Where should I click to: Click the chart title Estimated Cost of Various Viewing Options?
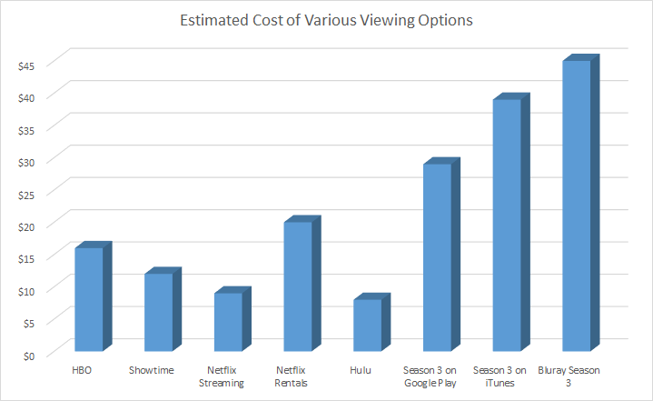pos(326,21)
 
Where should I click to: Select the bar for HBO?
pos(88,299)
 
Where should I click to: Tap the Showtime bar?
pos(158,312)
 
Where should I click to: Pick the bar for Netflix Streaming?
pos(228,322)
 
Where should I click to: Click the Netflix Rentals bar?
pos(298,286)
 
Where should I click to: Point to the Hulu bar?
pos(367,325)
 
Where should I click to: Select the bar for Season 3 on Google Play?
pos(437,257)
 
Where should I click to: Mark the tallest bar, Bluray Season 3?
pos(577,206)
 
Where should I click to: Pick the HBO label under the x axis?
pos(83,370)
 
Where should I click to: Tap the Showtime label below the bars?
pos(152,370)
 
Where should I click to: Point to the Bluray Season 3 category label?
pos(570,376)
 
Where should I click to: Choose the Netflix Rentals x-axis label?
pos(292,376)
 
